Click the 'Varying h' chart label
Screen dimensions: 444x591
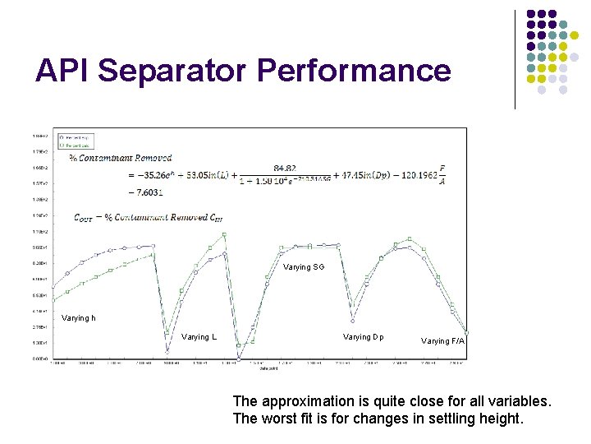point(78,318)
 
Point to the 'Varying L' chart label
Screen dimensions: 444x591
point(199,337)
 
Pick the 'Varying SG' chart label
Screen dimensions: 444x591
point(304,267)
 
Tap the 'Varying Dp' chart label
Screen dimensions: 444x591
point(363,337)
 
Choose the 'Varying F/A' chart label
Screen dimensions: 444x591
point(442,340)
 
